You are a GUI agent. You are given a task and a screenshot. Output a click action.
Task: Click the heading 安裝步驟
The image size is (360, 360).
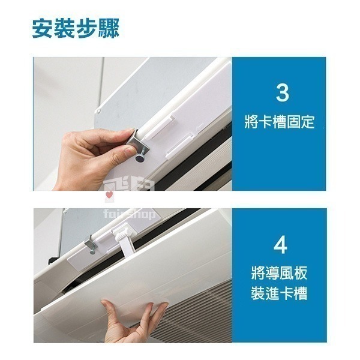click(76, 28)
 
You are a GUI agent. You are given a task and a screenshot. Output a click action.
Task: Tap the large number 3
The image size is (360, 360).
click(282, 93)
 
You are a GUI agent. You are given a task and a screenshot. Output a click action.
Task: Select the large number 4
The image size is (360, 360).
click(280, 245)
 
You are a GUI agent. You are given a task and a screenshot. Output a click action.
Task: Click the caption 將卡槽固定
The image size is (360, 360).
click(279, 122)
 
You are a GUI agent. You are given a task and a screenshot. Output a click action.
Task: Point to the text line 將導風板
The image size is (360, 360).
click(279, 273)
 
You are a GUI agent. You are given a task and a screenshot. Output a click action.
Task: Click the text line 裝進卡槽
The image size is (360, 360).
click(279, 293)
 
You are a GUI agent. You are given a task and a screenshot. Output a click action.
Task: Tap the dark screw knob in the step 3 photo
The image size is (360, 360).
click(139, 158)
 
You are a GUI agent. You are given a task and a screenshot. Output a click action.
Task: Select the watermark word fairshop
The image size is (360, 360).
click(129, 214)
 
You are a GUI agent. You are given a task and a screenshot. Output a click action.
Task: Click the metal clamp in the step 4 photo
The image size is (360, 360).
click(91, 243)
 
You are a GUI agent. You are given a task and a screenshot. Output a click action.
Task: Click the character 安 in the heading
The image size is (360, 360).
click(42, 28)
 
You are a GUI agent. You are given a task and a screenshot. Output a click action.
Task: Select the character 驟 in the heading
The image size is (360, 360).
click(109, 28)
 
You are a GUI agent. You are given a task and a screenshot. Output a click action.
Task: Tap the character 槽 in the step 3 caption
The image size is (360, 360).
click(279, 122)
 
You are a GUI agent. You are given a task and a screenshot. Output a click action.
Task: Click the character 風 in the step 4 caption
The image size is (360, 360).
click(286, 273)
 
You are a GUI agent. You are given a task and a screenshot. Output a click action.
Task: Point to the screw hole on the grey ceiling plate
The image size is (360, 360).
click(99, 112)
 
